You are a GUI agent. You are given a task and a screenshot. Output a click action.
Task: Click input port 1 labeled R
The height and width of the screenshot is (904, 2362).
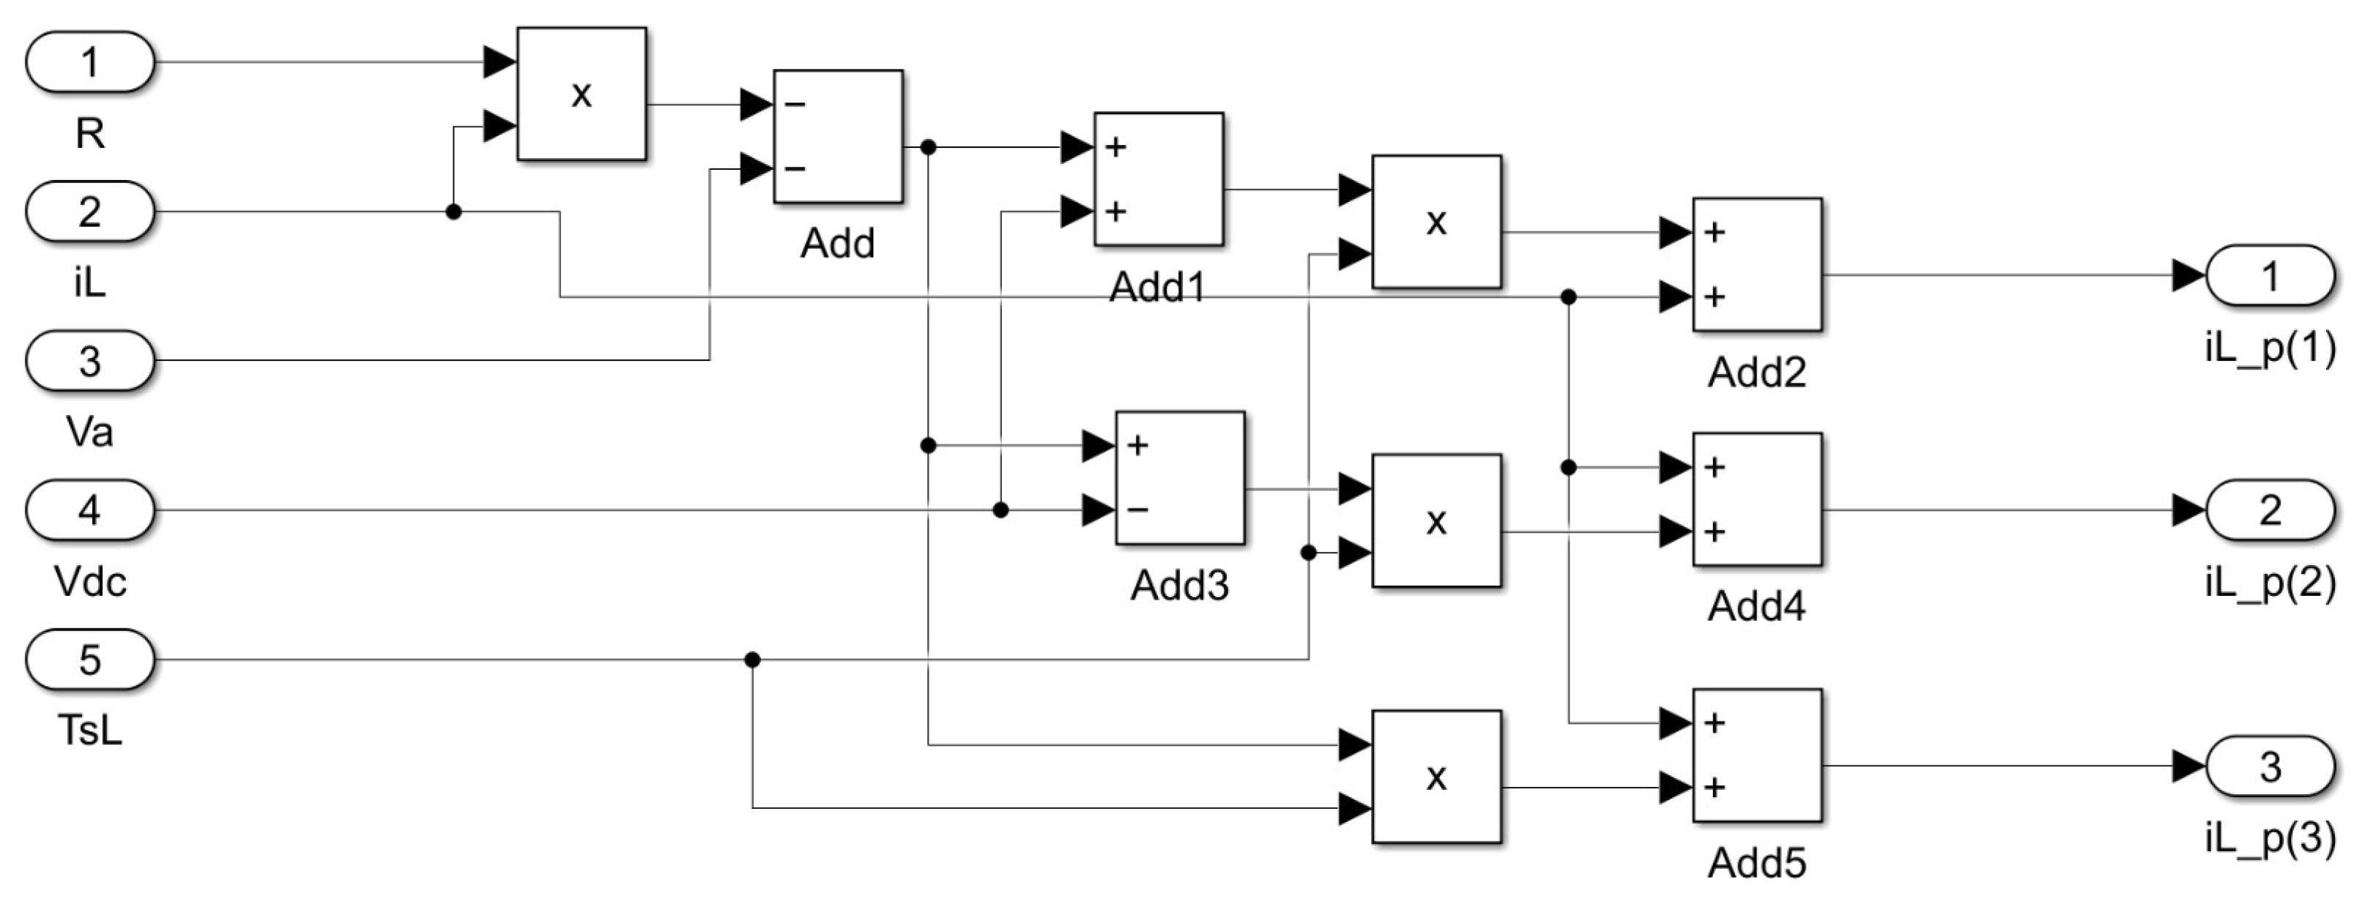pyautogui.click(x=89, y=62)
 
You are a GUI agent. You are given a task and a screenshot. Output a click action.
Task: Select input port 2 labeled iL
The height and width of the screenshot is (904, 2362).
pyautogui.click(x=89, y=212)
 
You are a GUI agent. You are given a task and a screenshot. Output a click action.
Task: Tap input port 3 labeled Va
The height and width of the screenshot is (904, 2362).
pyautogui.click(x=89, y=361)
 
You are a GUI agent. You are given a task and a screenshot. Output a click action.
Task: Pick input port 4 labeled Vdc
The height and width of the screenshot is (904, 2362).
pyautogui.click(x=89, y=509)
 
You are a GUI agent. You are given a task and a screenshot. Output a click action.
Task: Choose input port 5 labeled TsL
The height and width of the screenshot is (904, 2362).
pyautogui.click(x=89, y=660)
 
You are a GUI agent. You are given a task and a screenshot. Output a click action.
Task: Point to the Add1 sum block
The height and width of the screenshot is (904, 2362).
pyautogui.click(x=1158, y=179)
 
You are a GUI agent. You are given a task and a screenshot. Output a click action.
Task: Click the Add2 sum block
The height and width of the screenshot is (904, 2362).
pyautogui.click(x=1756, y=265)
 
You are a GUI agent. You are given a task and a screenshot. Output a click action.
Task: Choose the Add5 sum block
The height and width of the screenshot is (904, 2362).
pyautogui.click(x=1756, y=755)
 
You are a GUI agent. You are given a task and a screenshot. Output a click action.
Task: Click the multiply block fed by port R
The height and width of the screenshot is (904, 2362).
pyautogui.click(x=582, y=94)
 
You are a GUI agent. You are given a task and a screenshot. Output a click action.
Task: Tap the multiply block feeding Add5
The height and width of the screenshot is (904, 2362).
pyautogui.click(x=1436, y=777)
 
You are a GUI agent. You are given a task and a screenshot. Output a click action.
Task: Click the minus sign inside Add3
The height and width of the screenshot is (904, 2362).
pyautogui.click(x=1138, y=509)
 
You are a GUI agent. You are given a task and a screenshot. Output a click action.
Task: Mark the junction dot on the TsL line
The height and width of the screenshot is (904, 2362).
pyautogui.click(x=752, y=660)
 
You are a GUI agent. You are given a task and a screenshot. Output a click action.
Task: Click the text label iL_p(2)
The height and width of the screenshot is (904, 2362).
pyautogui.click(x=2270, y=582)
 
